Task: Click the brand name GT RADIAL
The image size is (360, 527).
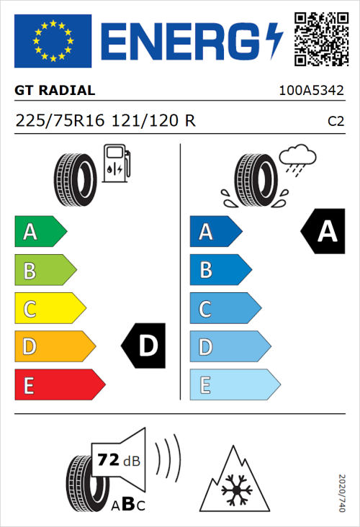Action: coord(55,91)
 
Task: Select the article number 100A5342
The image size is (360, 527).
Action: coord(311,91)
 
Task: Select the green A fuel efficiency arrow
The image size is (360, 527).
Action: coord(40,232)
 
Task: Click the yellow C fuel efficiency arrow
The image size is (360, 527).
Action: coord(50,310)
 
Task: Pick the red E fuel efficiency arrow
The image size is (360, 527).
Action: coord(60,386)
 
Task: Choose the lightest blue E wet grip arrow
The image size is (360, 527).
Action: coord(234,386)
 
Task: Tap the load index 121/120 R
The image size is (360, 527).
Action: coord(153,121)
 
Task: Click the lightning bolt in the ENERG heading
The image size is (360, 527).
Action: coord(272,40)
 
